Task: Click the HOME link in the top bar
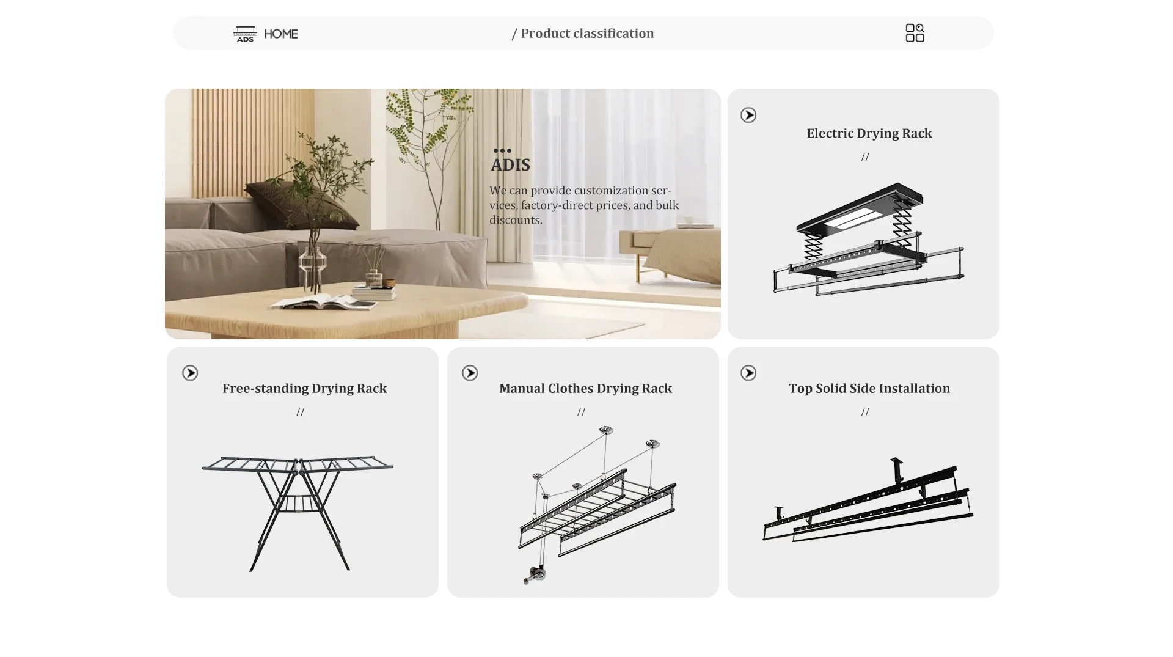pos(281,34)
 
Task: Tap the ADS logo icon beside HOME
pos(245,34)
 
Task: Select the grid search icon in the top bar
pos(915,33)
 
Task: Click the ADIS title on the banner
pos(510,165)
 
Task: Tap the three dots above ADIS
pos(502,150)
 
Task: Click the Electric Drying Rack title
pos(869,133)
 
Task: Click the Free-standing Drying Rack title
pos(305,388)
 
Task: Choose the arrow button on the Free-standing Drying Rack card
pos(190,373)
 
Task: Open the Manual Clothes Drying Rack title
pos(585,388)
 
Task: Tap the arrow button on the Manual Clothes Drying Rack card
pos(470,373)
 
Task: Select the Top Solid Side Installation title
pos(869,388)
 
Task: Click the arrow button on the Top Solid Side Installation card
pos(748,373)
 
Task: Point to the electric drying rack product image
pos(868,239)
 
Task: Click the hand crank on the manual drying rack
pos(535,575)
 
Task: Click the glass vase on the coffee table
pos(313,263)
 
